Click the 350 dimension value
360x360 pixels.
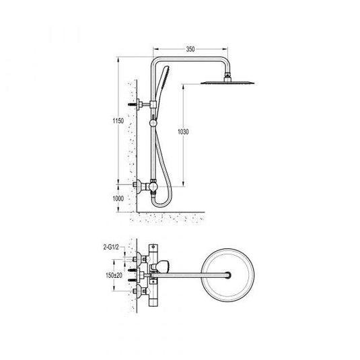(x=191, y=49)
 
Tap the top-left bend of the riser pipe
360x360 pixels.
(x=157, y=63)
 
